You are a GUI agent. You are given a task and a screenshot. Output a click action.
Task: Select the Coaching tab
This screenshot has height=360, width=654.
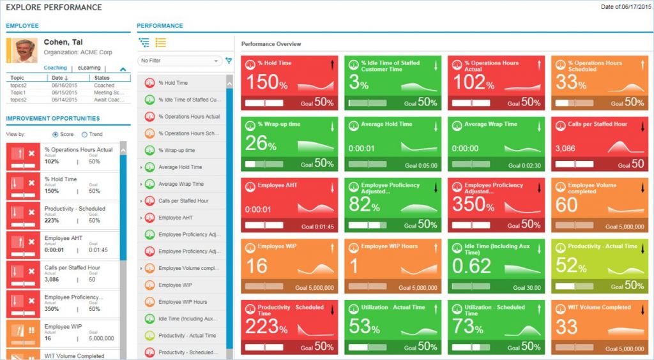55,68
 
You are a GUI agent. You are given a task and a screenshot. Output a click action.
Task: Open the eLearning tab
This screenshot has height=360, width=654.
89,68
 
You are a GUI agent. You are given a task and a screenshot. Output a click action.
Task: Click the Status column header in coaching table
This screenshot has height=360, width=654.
102,77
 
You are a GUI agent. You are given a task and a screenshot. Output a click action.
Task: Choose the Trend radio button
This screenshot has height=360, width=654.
85,134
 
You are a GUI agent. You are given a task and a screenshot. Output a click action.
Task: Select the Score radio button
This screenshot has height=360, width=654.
56,134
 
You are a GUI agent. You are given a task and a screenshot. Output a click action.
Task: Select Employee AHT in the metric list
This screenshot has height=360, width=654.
175,218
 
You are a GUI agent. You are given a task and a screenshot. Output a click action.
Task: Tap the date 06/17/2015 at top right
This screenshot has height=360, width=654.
632,7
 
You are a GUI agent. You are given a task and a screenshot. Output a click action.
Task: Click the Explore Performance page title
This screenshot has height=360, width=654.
54,8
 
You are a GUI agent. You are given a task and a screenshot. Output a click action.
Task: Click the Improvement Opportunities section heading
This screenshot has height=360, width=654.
52,118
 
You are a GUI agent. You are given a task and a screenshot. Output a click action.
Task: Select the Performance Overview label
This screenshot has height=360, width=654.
271,44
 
